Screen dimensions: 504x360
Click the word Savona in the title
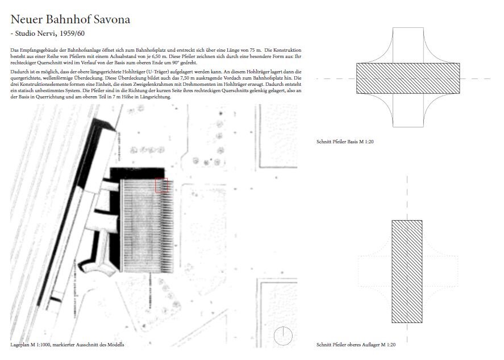click(112, 19)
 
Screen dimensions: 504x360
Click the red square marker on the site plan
click(161, 185)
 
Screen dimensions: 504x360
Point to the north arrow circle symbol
click(283, 336)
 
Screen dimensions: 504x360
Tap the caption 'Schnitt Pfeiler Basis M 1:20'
click(345, 142)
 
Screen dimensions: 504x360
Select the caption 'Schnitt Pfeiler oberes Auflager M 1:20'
click(356, 345)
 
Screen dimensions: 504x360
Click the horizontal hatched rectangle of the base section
click(408, 78)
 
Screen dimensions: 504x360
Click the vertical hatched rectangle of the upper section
click(407, 271)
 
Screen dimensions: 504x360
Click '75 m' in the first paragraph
click(256, 50)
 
